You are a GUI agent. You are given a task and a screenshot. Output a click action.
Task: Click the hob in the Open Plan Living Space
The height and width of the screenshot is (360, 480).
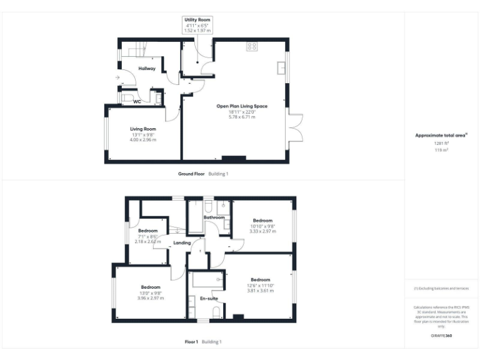pos(252,46)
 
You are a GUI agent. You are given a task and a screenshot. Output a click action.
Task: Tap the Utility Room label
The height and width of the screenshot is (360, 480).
pos(197,20)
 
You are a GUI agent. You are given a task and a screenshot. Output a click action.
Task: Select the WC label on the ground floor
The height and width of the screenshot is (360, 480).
pos(137,101)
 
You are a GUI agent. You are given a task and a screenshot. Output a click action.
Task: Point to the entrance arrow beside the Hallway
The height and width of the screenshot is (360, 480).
pos(117,77)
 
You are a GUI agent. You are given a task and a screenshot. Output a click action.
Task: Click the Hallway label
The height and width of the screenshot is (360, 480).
pos(147,68)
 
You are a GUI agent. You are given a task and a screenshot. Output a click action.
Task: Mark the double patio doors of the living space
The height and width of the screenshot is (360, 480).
pos(296,127)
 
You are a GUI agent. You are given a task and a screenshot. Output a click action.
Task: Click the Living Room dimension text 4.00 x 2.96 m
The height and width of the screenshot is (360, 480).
pos(143,139)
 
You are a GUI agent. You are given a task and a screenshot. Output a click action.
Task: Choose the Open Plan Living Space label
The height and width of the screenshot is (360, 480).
pos(242,106)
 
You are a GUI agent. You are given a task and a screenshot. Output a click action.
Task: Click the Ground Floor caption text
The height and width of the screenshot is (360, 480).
pos(191,174)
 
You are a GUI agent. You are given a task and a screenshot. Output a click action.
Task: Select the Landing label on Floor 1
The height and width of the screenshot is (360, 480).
pos(182,242)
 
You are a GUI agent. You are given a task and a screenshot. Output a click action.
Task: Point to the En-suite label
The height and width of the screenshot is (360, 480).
pos(208,299)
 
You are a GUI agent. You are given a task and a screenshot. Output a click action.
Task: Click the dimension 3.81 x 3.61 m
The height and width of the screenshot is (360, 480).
pos(261,290)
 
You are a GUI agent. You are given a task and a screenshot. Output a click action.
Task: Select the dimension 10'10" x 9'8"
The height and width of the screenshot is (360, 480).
pos(262,226)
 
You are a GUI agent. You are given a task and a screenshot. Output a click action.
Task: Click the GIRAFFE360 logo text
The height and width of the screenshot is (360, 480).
pos(441,336)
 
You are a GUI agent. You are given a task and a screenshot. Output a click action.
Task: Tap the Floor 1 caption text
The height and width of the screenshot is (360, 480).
pos(191,342)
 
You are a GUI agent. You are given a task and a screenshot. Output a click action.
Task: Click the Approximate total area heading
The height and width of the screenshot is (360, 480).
pos(441,135)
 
